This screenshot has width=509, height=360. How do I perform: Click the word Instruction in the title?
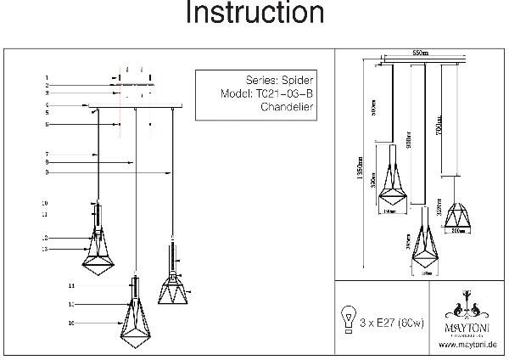pos(255,14)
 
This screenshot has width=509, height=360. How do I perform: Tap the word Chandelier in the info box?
pos(288,108)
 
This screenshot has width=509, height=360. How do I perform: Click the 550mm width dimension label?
pos(418,53)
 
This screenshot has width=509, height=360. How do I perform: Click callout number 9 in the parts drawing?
pos(48,173)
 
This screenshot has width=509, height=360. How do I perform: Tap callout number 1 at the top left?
pos(48,78)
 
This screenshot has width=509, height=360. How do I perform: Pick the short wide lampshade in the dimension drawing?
pos(460,210)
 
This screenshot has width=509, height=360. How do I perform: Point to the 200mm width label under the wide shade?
pos(461,229)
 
